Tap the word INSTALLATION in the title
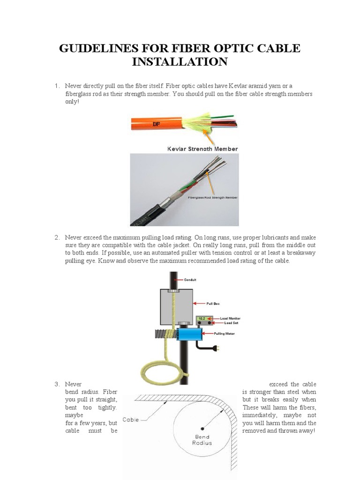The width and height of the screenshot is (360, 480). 180,61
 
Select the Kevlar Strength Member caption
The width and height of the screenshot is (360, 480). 202,149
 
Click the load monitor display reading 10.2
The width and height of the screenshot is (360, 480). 202,318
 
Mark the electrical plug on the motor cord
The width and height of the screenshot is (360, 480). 215,348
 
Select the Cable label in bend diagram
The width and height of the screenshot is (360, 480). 131,420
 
